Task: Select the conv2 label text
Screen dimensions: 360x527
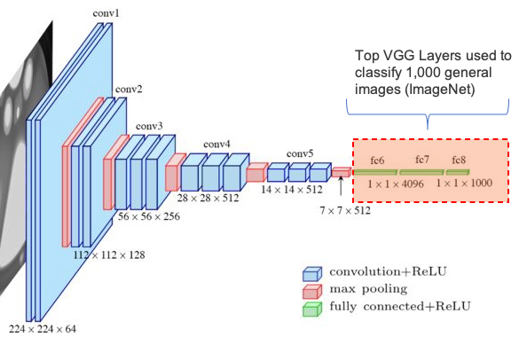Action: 126,90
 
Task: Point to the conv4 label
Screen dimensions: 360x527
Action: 216,144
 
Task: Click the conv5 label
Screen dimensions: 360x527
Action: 300,153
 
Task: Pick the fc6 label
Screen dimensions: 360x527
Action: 377,160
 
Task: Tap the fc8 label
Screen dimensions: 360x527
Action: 459,160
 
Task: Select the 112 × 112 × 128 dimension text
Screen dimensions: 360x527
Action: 110,254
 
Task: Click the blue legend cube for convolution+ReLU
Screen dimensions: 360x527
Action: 311,272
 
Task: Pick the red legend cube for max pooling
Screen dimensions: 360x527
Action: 311,289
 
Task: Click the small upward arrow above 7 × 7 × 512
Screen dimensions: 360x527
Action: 341,186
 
